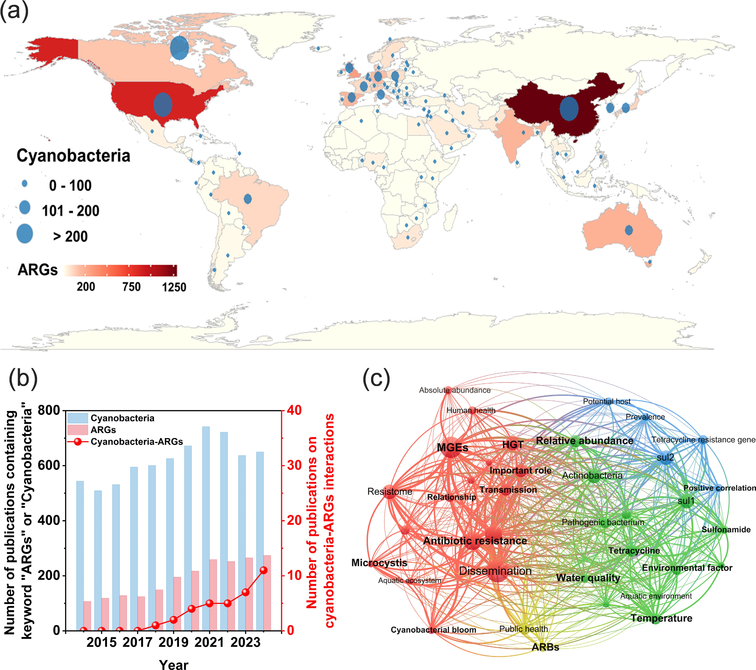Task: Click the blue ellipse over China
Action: tap(569, 108)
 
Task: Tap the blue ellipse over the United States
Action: tap(163, 105)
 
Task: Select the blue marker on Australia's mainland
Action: tap(629, 230)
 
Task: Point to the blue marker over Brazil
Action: tap(248, 199)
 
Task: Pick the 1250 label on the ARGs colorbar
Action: tap(174, 287)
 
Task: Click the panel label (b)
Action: tap(23, 378)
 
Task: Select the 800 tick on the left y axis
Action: tap(49, 410)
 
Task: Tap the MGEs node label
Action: tap(452, 447)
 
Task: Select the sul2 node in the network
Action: tap(665, 457)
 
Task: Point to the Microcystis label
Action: tap(379, 563)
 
